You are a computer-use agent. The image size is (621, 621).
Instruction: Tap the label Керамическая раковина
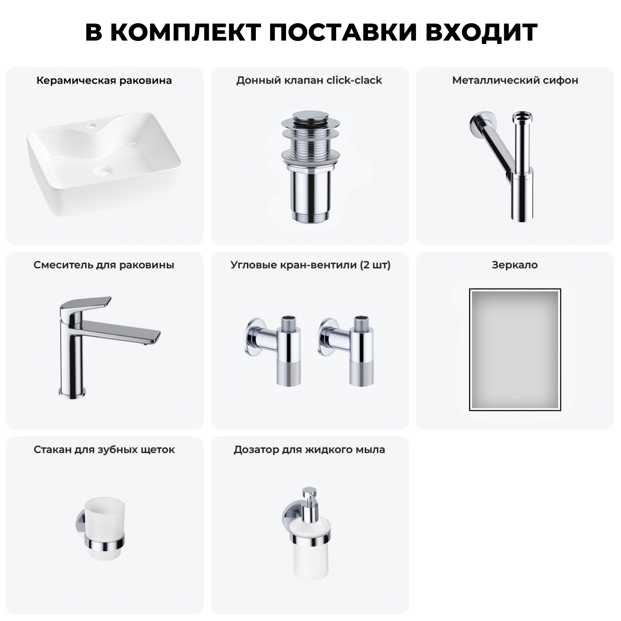(104, 80)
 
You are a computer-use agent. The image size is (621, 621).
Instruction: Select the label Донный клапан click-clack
(309, 80)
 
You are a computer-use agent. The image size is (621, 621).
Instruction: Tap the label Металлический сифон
(515, 80)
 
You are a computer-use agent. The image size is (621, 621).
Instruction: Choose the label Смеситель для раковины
(104, 265)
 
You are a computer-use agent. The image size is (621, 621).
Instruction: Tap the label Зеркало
(515, 265)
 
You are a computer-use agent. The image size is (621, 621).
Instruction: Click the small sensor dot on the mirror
(515, 397)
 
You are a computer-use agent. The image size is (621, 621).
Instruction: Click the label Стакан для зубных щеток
(104, 450)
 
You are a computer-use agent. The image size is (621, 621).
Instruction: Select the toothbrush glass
(105, 530)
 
